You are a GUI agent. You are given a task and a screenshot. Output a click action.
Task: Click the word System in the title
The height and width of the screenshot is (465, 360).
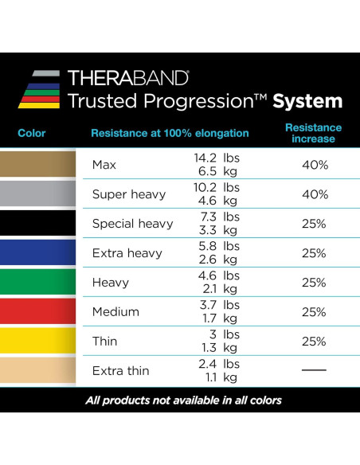[307, 101]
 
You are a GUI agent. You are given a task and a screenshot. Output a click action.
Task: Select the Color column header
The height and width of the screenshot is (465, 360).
[31, 133]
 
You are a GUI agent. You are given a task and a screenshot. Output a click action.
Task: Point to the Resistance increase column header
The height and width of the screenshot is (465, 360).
[313, 133]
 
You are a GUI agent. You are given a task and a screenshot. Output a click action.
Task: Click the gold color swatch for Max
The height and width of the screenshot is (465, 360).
[38, 165]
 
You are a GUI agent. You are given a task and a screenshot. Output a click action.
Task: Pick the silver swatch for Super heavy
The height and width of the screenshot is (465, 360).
[38, 194]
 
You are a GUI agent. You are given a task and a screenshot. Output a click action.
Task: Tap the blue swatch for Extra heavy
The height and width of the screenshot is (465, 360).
[38, 253]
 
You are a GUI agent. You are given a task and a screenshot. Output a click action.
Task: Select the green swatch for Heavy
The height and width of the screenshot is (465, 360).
[38, 283]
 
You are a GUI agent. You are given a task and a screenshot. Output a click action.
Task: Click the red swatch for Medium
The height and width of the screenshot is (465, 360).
[38, 312]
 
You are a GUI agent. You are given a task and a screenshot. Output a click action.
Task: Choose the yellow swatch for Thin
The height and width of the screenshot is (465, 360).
[38, 342]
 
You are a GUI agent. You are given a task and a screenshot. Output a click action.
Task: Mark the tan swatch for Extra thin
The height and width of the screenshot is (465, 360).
[38, 371]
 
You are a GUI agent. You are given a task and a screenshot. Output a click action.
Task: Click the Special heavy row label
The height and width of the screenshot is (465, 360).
[132, 224]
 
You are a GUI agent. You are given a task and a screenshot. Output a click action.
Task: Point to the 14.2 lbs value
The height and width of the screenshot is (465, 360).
[217, 158]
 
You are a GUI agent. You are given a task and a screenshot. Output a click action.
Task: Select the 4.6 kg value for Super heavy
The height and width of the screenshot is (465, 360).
[217, 201]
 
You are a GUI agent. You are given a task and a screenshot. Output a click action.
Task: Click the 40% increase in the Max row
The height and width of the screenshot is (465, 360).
[314, 165]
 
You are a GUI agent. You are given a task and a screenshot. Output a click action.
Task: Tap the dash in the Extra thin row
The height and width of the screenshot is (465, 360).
[314, 371]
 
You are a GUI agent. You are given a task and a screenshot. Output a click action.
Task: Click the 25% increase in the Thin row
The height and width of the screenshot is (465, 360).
[314, 342]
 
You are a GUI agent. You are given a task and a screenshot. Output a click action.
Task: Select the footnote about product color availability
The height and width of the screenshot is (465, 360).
[183, 400]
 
